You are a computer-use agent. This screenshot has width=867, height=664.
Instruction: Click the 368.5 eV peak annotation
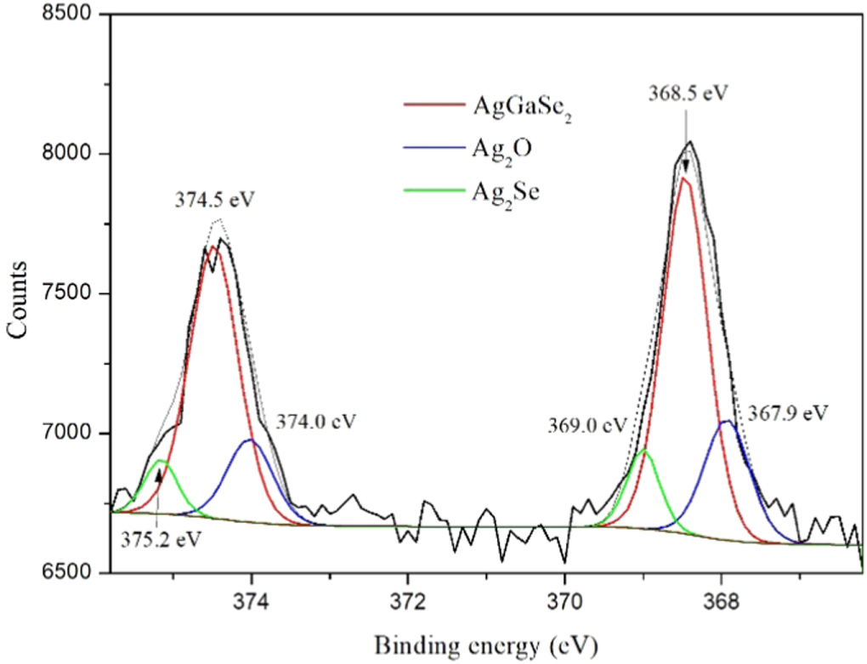coord(689,92)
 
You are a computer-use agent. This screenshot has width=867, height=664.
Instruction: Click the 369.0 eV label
coord(586,423)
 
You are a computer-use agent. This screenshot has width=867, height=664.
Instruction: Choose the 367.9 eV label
coord(787,412)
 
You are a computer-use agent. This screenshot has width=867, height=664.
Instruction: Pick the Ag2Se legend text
coord(508,192)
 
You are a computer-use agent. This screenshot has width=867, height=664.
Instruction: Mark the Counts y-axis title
coord(19,293)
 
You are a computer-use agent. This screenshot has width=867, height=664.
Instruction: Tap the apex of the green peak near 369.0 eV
coord(644,450)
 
